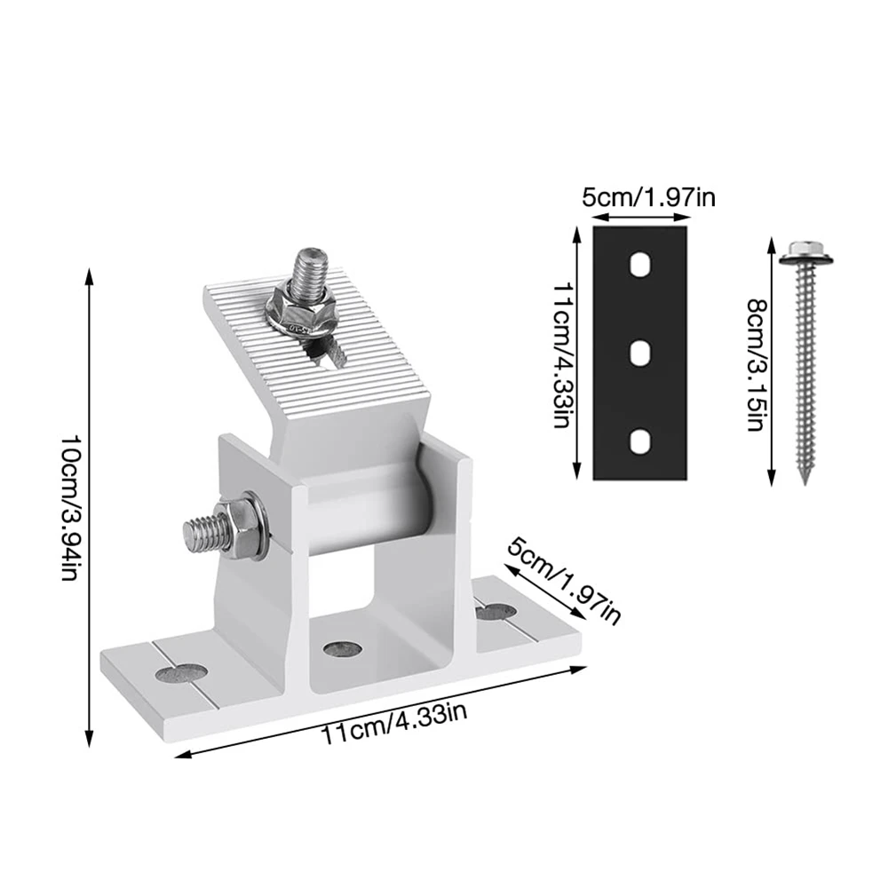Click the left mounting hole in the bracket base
click(x=180, y=672)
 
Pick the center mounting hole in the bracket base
click(x=341, y=649)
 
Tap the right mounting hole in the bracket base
click(x=494, y=611)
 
